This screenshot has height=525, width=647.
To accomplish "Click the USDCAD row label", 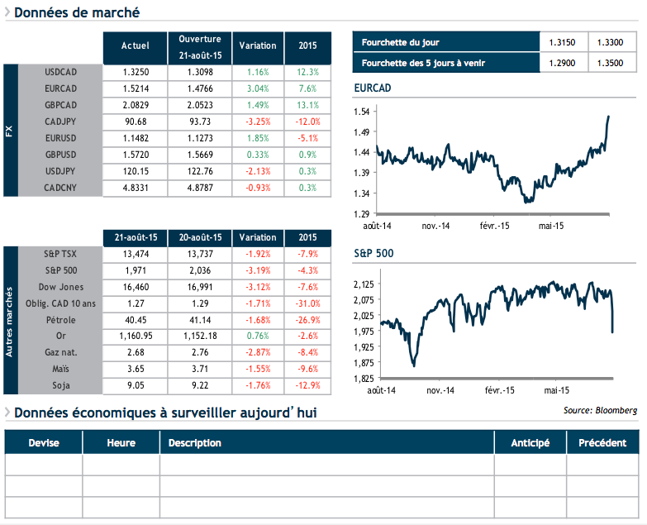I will [60, 72].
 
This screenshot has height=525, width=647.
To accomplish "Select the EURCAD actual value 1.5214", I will [135, 88].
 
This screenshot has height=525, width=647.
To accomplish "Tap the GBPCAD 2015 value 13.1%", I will [307, 105].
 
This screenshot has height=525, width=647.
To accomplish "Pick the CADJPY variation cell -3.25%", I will [259, 122].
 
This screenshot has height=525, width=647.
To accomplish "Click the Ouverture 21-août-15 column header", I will [199, 46].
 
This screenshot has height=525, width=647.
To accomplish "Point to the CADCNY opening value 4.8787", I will [199, 188].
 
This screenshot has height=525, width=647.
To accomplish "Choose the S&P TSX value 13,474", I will [135, 254].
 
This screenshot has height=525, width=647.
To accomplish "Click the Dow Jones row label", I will [60, 287].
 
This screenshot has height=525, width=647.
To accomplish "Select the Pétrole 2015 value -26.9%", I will [307, 320].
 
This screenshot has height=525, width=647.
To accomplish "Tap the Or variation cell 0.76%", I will [259, 336].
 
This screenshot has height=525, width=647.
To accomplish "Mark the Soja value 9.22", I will [199, 386].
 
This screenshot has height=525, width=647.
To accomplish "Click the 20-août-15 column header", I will [199, 237].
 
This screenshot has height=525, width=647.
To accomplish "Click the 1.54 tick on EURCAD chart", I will [361, 111].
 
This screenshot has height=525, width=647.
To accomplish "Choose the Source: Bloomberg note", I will [600, 410].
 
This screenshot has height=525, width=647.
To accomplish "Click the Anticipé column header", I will [530, 443].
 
